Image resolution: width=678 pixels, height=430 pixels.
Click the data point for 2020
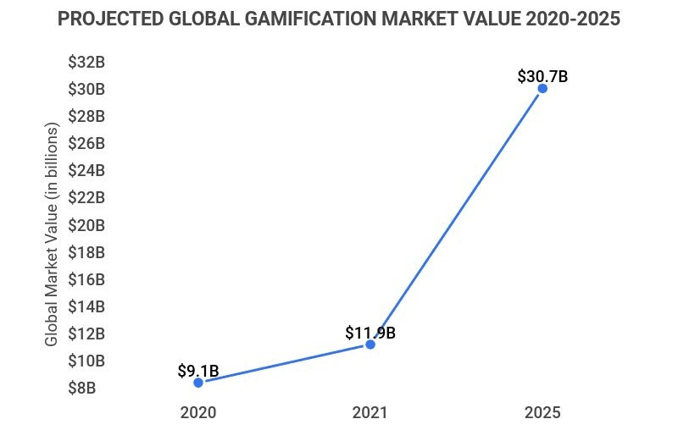(198, 383)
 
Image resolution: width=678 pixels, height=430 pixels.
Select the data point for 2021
(370, 345)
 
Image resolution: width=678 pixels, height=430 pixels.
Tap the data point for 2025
(542, 88)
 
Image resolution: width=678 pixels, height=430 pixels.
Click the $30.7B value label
(542, 76)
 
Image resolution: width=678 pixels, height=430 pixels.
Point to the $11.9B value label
(370, 333)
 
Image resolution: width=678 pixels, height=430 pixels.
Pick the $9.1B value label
(198, 371)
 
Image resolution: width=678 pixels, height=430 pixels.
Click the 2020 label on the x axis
(198, 413)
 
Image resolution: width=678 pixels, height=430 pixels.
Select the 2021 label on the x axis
(370, 413)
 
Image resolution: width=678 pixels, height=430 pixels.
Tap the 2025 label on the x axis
(542, 413)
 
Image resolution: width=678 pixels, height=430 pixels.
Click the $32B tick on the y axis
(86, 62)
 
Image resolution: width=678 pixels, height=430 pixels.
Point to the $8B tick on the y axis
(86, 389)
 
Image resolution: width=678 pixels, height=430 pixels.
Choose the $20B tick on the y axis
(86, 225)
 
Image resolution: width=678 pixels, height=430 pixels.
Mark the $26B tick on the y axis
(86, 143)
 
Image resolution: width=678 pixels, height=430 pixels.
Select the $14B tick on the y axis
(86, 306)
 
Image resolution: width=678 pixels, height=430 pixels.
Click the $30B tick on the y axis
(86, 89)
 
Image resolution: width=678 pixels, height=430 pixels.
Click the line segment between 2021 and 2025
(456, 217)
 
